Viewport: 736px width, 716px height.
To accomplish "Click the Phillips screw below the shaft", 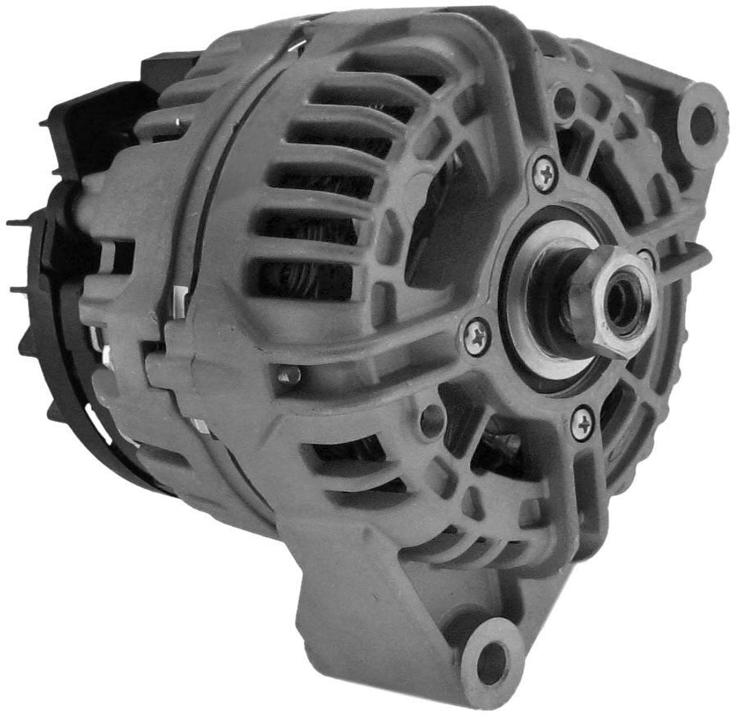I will click(x=583, y=423).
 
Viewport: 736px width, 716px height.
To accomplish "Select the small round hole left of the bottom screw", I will click(x=432, y=421).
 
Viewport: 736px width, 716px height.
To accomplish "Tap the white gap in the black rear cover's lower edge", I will click(x=107, y=427).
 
